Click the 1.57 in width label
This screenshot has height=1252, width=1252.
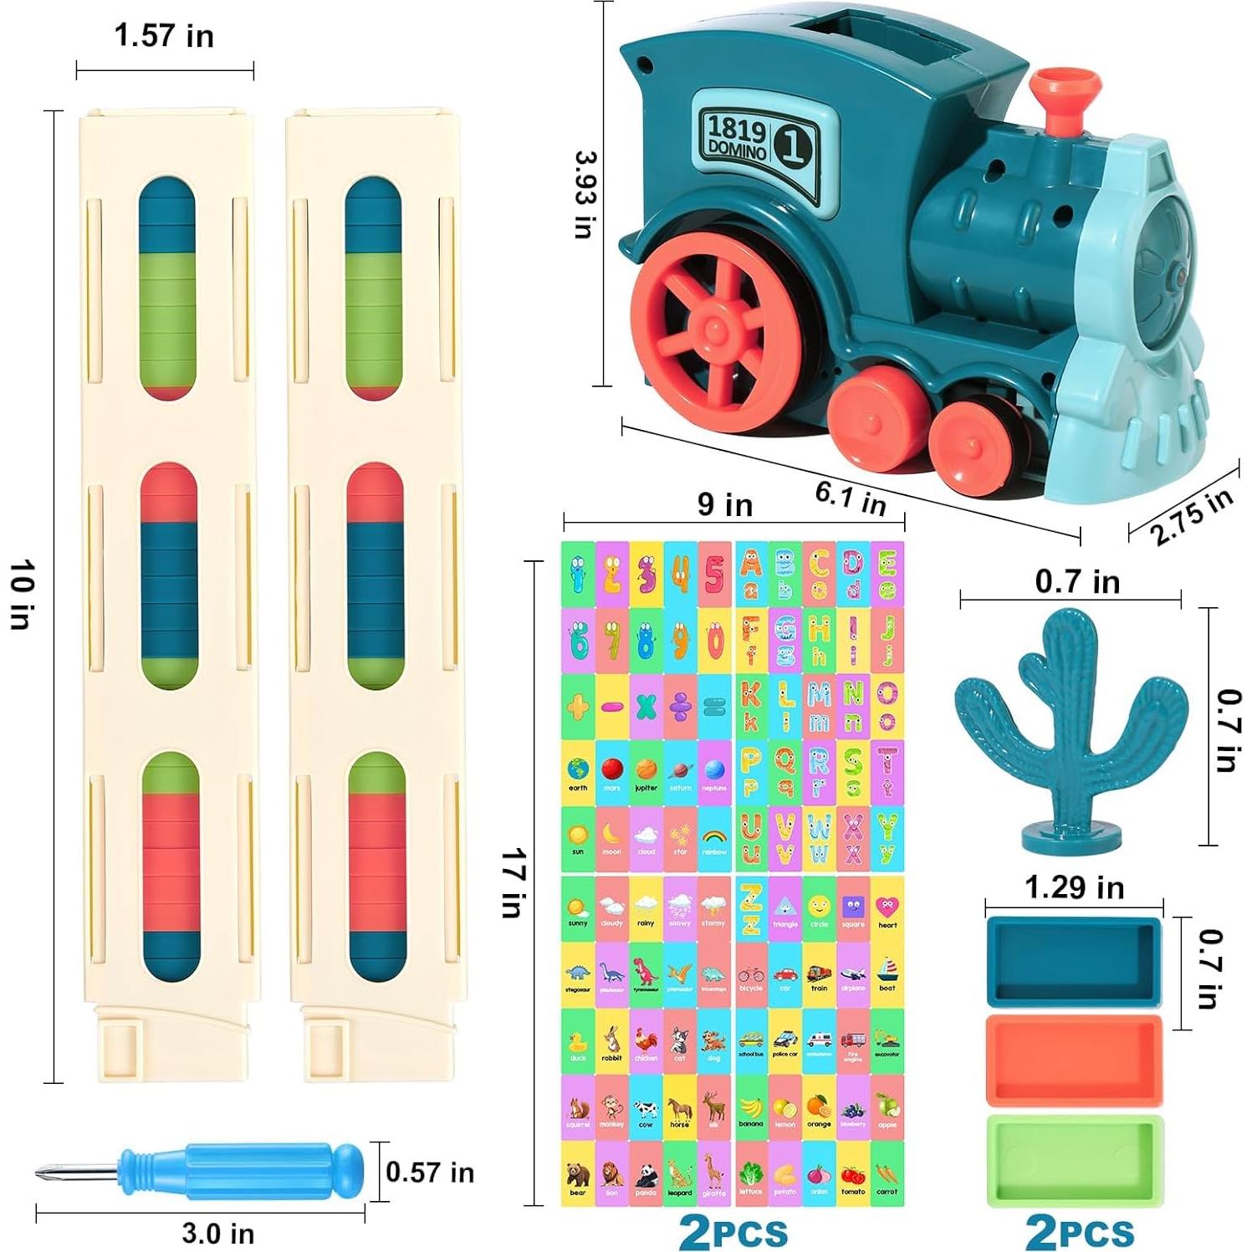(x=164, y=36)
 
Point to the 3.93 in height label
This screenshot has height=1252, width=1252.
(x=585, y=194)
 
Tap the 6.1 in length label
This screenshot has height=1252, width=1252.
(x=851, y=498)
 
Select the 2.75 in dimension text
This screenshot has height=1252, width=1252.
(x=1191, y=516)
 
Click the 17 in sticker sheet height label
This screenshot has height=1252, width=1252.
(x=512, y=882)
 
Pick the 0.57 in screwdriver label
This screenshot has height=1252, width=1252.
(x=429, y=1173)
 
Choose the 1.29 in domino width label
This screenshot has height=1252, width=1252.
(x=1074, y=887)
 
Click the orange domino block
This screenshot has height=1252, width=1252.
(x=1074, y=1060)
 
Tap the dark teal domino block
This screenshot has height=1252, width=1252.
(x=1074, y=962)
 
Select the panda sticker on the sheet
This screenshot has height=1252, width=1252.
(x=646, y=1175)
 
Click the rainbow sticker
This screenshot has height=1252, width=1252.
(x=714, y=839)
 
